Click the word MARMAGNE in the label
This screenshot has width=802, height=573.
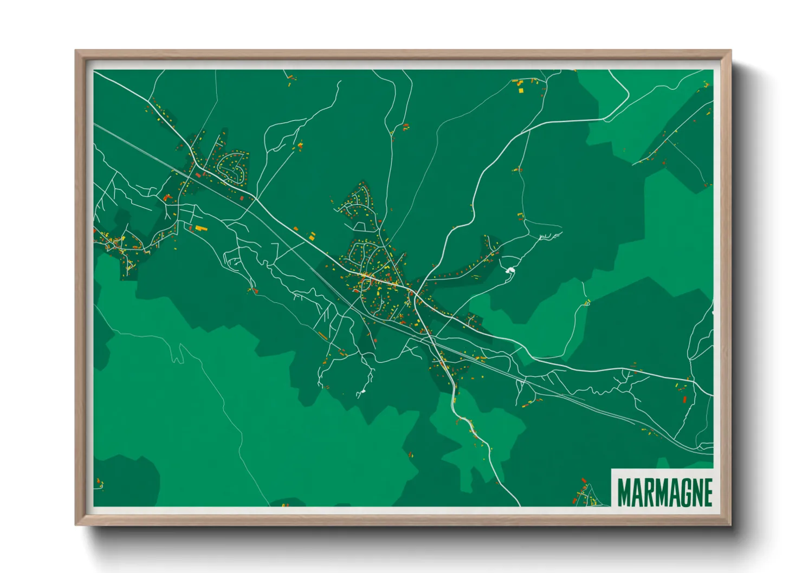tap(664, 492)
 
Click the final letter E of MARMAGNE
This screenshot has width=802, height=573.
tap(706, 492)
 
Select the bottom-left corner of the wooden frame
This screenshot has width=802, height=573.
tap(76, 524)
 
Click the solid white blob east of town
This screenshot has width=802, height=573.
tap(509, 269)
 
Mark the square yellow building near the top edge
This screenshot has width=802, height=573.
tap(521, 90)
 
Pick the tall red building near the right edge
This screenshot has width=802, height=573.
tap(684, 400)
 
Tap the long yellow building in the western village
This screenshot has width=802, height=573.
tap(200, 229)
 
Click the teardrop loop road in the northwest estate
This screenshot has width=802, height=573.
tap(234, 170)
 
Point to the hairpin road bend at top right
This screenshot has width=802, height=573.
tap(623, 97)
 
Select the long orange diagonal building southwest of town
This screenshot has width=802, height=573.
tap(323, 336)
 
